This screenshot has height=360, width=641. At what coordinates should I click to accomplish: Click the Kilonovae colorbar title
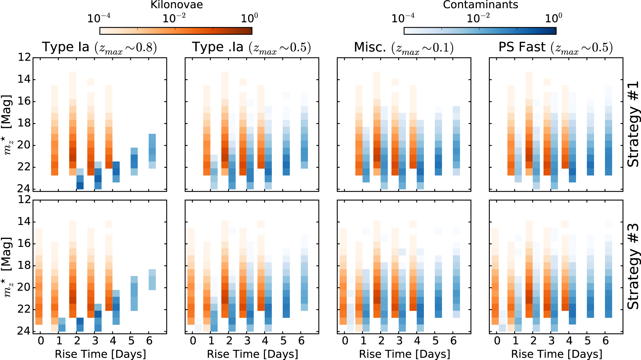click(177, 5)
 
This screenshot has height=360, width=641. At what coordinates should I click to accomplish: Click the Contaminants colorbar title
click(480, 5)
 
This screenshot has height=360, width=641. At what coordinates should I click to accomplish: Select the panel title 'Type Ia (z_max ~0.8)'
click(99, 48)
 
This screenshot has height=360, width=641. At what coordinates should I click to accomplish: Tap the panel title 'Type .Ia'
click(251, 48)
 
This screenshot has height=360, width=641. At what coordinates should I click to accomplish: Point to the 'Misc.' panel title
click(404, 48)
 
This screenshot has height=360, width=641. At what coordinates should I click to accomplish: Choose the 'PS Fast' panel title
click(555, 48)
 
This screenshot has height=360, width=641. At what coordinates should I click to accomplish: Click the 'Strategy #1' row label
click(633, 124)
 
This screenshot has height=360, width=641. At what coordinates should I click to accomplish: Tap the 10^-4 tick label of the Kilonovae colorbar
click(99, 19)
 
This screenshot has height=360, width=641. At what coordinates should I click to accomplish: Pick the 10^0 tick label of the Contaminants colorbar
click(553, 19)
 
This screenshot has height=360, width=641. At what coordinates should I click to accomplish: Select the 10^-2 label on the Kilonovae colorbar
click(174, 19)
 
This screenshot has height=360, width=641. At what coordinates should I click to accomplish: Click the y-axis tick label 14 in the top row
click(24, 79)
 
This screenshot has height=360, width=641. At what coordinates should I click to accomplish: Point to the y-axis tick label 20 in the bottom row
click(24, 287)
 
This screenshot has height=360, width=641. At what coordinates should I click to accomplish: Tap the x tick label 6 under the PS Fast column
click(606, 341)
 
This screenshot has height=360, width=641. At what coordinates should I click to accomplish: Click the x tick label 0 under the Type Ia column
click(41, 341)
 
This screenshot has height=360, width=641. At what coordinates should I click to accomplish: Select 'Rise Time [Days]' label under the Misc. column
click(404, 354)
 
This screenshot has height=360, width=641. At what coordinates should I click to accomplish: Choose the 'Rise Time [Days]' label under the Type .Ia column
click(253, 354)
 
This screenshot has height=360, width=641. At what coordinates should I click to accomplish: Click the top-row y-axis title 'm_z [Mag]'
click(8, 124)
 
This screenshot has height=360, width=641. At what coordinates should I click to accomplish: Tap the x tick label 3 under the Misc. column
click(399, 341)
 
